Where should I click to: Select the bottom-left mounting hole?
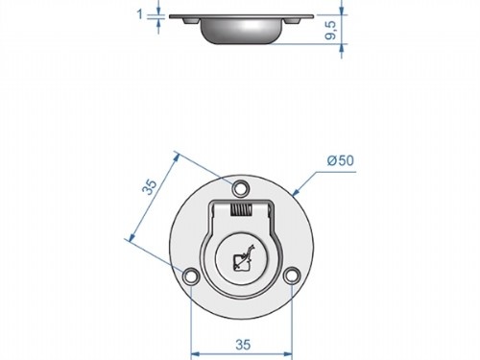pos(193,277)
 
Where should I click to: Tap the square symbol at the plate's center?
pos(241,258)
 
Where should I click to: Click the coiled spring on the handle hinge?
pos(241,210)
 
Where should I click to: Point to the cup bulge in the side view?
pos(240,33)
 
